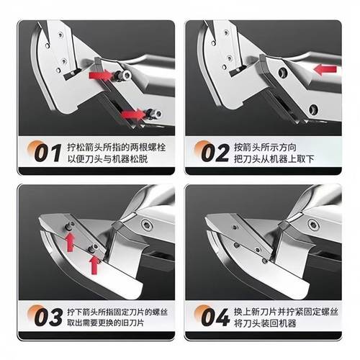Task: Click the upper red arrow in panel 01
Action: click(102, 75)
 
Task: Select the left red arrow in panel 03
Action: click(69, 241)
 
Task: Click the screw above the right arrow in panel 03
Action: click(94, 247)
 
